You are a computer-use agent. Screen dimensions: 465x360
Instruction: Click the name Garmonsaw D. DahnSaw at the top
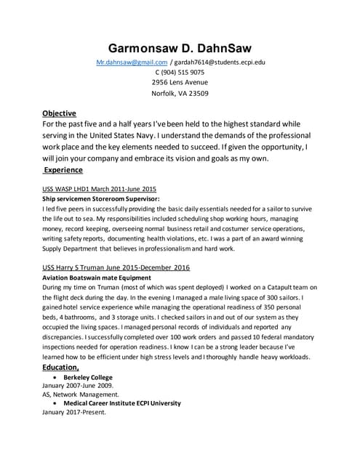pos(180,47)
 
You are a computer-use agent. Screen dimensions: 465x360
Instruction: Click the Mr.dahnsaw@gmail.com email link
pos(137,63)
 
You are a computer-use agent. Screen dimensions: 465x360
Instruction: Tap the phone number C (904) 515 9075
pos(180,73)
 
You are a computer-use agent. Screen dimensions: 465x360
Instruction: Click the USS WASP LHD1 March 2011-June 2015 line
pos(100,188)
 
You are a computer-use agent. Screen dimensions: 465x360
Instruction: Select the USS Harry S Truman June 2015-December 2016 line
pos(116,267)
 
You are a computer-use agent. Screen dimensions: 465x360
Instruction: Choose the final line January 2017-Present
pos(74,412)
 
